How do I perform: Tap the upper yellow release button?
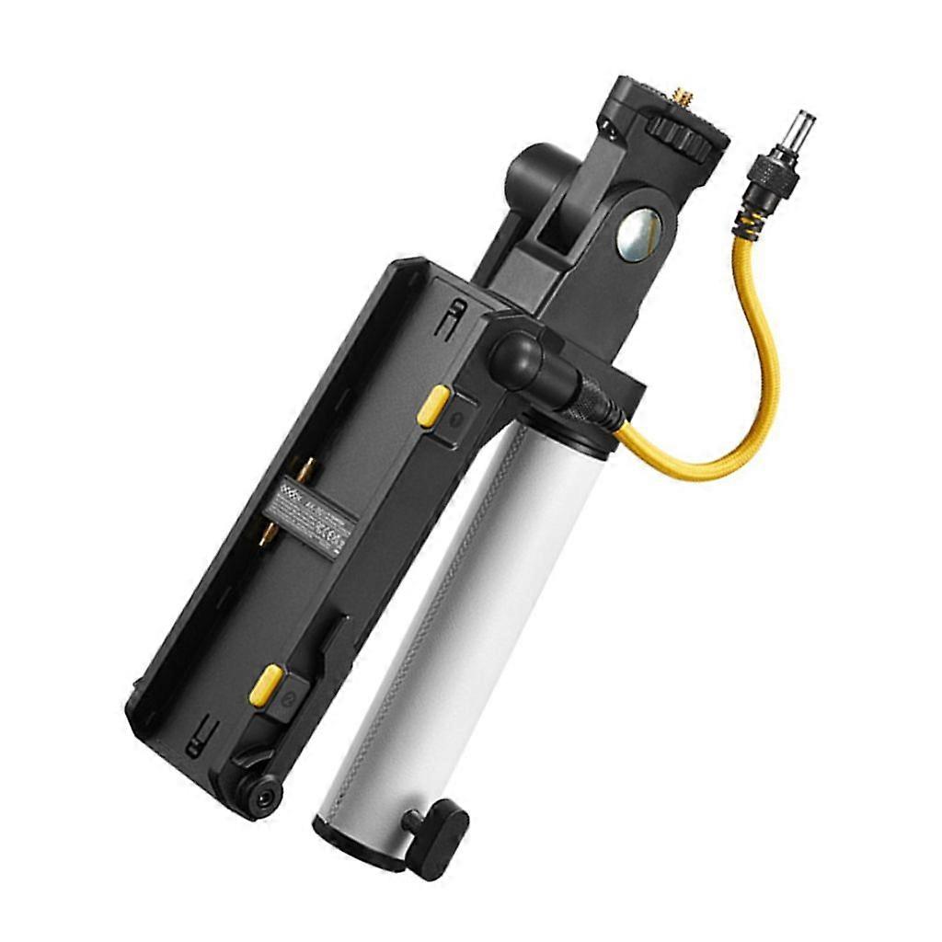[x=432, y=406]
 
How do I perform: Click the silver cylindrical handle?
[x=460, y=626]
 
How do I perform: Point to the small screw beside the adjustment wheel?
[x=609, y=125]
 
